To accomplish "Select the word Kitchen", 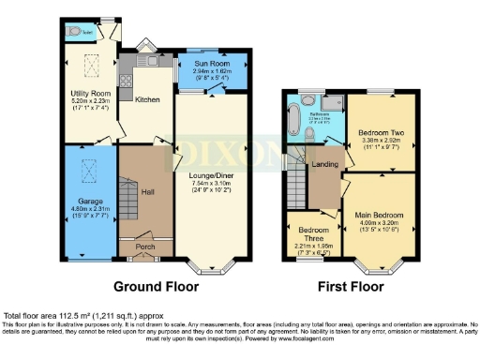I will pos(148,98).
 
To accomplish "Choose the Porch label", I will pos(144,248).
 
